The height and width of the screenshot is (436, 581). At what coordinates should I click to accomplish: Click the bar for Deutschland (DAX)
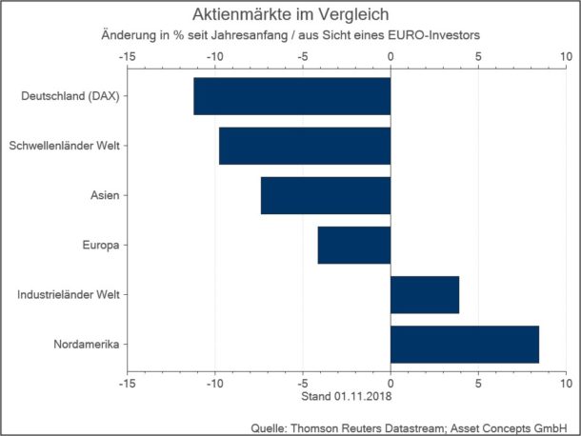click(x=291, y=96)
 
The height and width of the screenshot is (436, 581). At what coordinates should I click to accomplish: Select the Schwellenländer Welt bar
click(x=305, y=146)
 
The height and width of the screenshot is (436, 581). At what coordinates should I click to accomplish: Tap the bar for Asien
click(x=326, y=195)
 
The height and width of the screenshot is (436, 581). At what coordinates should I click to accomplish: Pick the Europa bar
click(x=354, y=245)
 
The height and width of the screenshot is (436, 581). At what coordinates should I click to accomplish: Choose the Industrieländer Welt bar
click(x=425, y=294)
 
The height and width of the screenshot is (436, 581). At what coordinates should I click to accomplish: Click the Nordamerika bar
click(x=465, y=344)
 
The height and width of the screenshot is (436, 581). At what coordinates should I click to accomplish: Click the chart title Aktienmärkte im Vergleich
click(x=290, y=15)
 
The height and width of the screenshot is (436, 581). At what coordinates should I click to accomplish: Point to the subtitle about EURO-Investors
click(x=290, y=35)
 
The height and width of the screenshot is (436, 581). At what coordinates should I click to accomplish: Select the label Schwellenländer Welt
click(x=69, y=146)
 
